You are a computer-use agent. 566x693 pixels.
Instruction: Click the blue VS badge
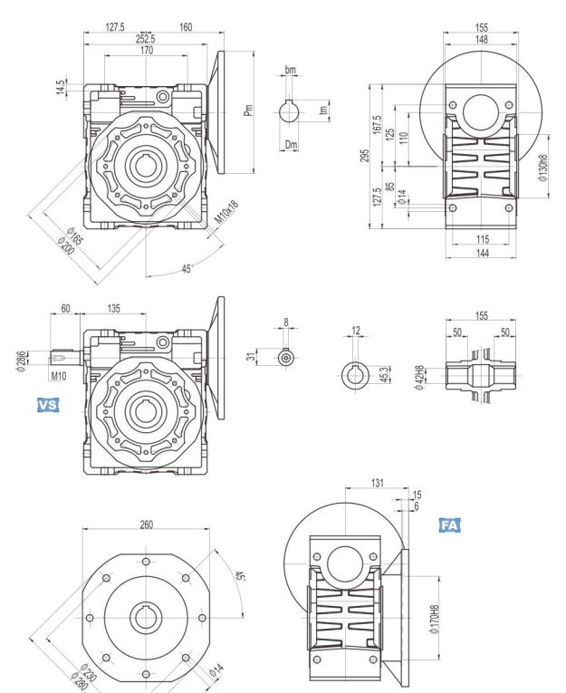pyautogui.click(x=46, y=406)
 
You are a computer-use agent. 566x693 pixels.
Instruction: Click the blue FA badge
pyautogui.click(x=449, y=525)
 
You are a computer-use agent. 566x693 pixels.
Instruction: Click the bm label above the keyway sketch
pyautogui.click(x=291, y=70)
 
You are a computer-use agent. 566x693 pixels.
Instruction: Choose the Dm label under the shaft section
pyautogui.click(x=291, y=144)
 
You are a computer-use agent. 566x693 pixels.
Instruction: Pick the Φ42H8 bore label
pyautogui.click(x=418, y=374)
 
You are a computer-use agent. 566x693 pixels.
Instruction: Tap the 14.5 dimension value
pyautogui.click(x=61, y=90)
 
